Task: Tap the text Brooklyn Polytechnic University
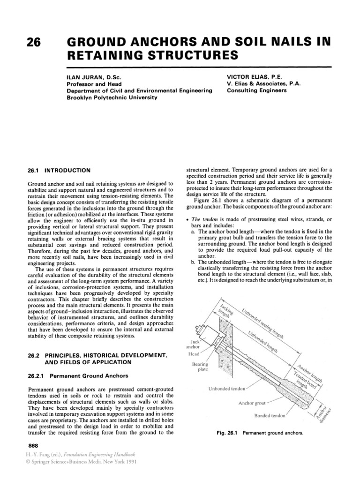click(111, 97)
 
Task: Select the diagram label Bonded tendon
click(269, 415)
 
